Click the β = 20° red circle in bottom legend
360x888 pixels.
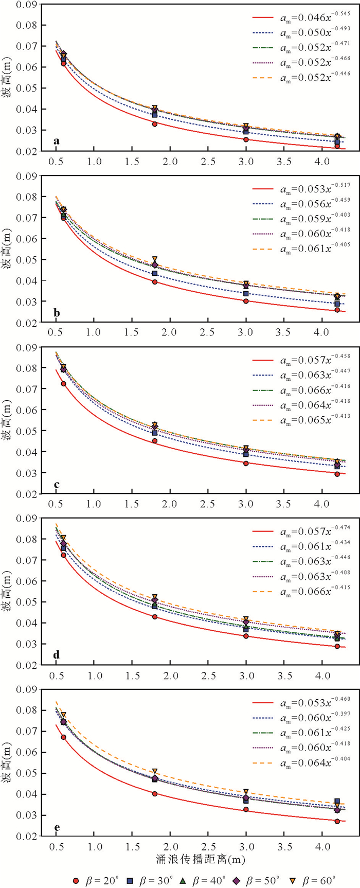click(76, 880)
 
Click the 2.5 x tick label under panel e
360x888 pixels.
click(208, 847)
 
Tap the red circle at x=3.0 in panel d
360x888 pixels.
click(246, 636)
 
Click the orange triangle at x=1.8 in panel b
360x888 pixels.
click(155, 259)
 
